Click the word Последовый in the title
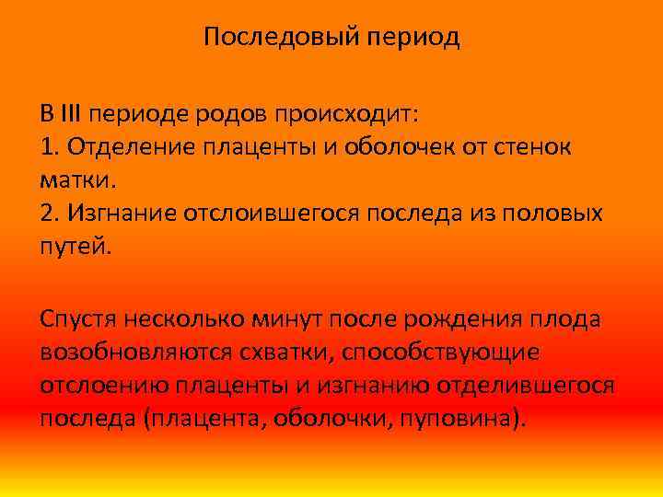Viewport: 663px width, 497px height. (272, 37)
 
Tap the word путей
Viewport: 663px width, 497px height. (75, 246)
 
